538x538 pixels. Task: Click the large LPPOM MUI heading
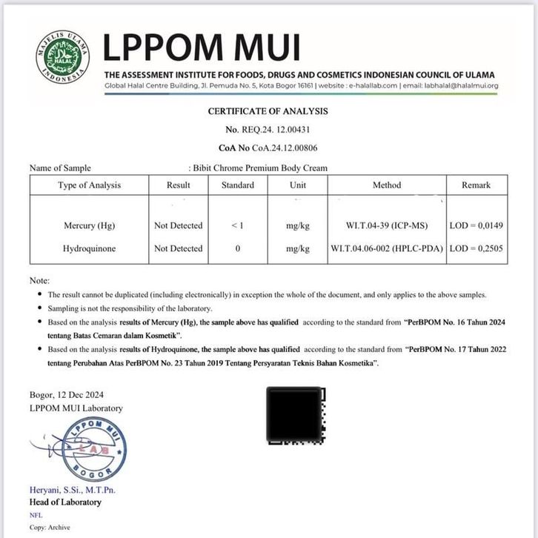pos(201,47)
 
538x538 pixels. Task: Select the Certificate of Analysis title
pos(268,111)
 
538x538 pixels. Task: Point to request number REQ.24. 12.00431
pos(268,130)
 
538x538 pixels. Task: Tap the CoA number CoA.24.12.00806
pos(268,148)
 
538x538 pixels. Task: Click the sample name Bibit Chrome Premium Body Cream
pos(260,168)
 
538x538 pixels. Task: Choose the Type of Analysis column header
pos(89,185)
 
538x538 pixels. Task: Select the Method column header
pos(386,185)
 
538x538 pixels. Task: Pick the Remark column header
pos(476,185)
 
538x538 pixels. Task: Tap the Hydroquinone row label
pos(90,249)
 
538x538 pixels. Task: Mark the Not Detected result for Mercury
pos(178,225)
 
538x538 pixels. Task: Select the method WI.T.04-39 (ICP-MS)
pos(386,225)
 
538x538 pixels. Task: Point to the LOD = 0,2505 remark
pos(476,249)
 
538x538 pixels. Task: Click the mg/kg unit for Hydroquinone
pos(297,249)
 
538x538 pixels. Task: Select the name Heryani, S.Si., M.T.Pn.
pos(73,490)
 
